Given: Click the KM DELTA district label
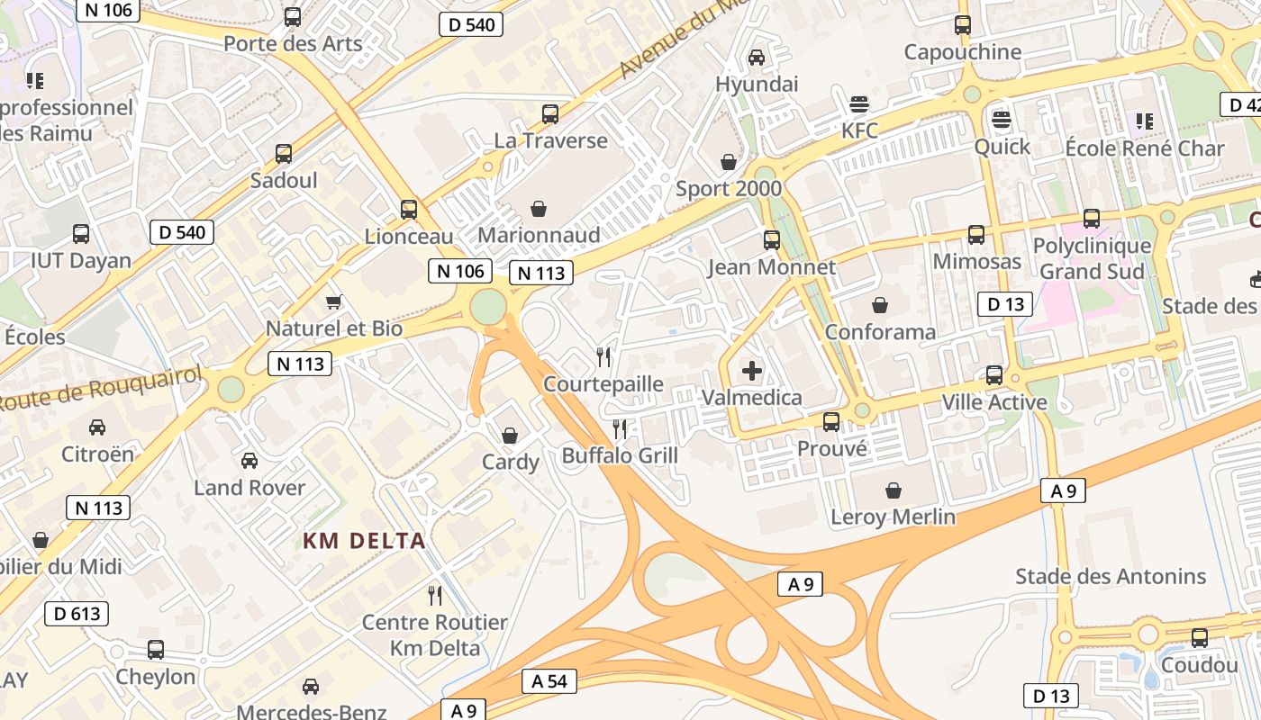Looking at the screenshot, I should [x=364, y=541].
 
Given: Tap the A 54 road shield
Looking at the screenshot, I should [x=549, y=681].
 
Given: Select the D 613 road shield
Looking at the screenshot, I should [x=77, y=614].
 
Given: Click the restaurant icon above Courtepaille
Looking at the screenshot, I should [x=603, y=357].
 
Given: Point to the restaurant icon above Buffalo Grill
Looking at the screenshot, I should [x=620, y=428].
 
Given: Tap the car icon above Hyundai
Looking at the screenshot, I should [x=757, y=58].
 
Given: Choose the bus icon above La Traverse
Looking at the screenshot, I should [x=550, y=114].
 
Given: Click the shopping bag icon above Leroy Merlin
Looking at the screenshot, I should [x=894, y=490].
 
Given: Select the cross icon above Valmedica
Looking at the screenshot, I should [x=751, y=370].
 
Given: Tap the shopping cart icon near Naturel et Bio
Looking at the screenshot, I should [x=334, y=302].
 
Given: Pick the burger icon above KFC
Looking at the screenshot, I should [x=859, y=103].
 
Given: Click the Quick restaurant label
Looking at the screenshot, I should [x=1002, y=147].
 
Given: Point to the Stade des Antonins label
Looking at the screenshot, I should [x=1111, y=576].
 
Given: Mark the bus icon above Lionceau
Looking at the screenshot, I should [x=409, y=210].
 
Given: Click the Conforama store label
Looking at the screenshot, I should [x=880, y=332].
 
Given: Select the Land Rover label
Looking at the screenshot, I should [x=249, y=488].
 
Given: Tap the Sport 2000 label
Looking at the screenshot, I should [x=729, y=189].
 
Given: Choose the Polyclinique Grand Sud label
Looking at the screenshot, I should [x=1092, y=258].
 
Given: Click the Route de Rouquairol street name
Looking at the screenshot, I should [x=101, y=386].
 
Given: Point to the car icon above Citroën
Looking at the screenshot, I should [x=97, y=427].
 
